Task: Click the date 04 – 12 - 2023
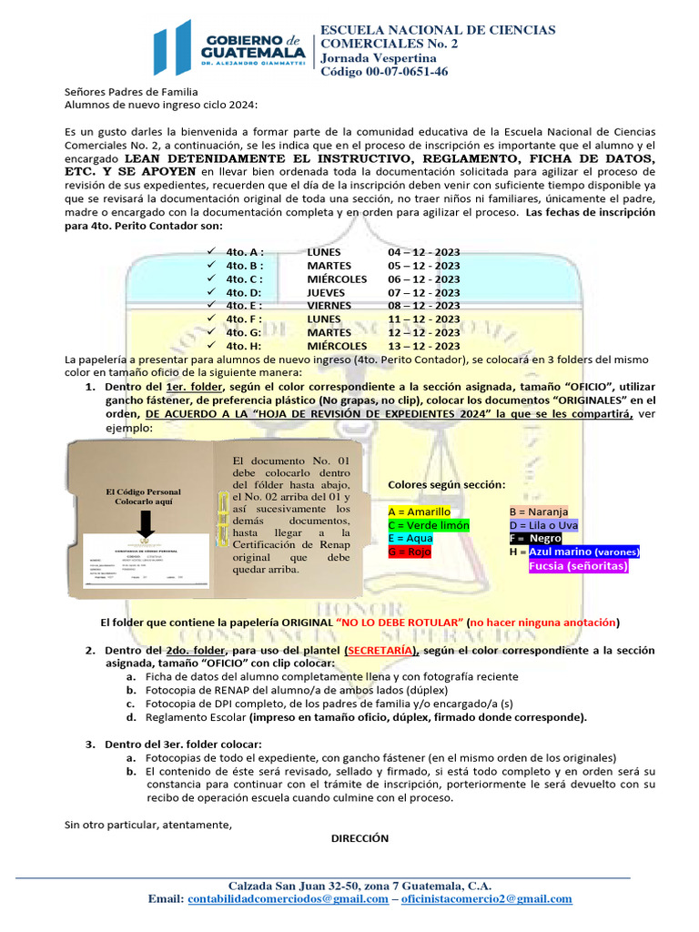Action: point(423,251)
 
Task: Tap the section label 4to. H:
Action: point(244,346)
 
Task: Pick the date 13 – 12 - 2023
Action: point(423,346)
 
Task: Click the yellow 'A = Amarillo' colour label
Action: point(419,512)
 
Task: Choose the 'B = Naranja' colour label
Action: point(539,512)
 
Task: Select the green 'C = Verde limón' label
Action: point(428,525)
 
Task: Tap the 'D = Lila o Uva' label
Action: point(543,525)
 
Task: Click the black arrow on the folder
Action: point(146,524)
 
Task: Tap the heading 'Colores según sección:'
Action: point(447,484)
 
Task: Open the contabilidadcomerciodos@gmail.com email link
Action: point(288,899)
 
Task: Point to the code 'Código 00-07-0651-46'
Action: point(384,72)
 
